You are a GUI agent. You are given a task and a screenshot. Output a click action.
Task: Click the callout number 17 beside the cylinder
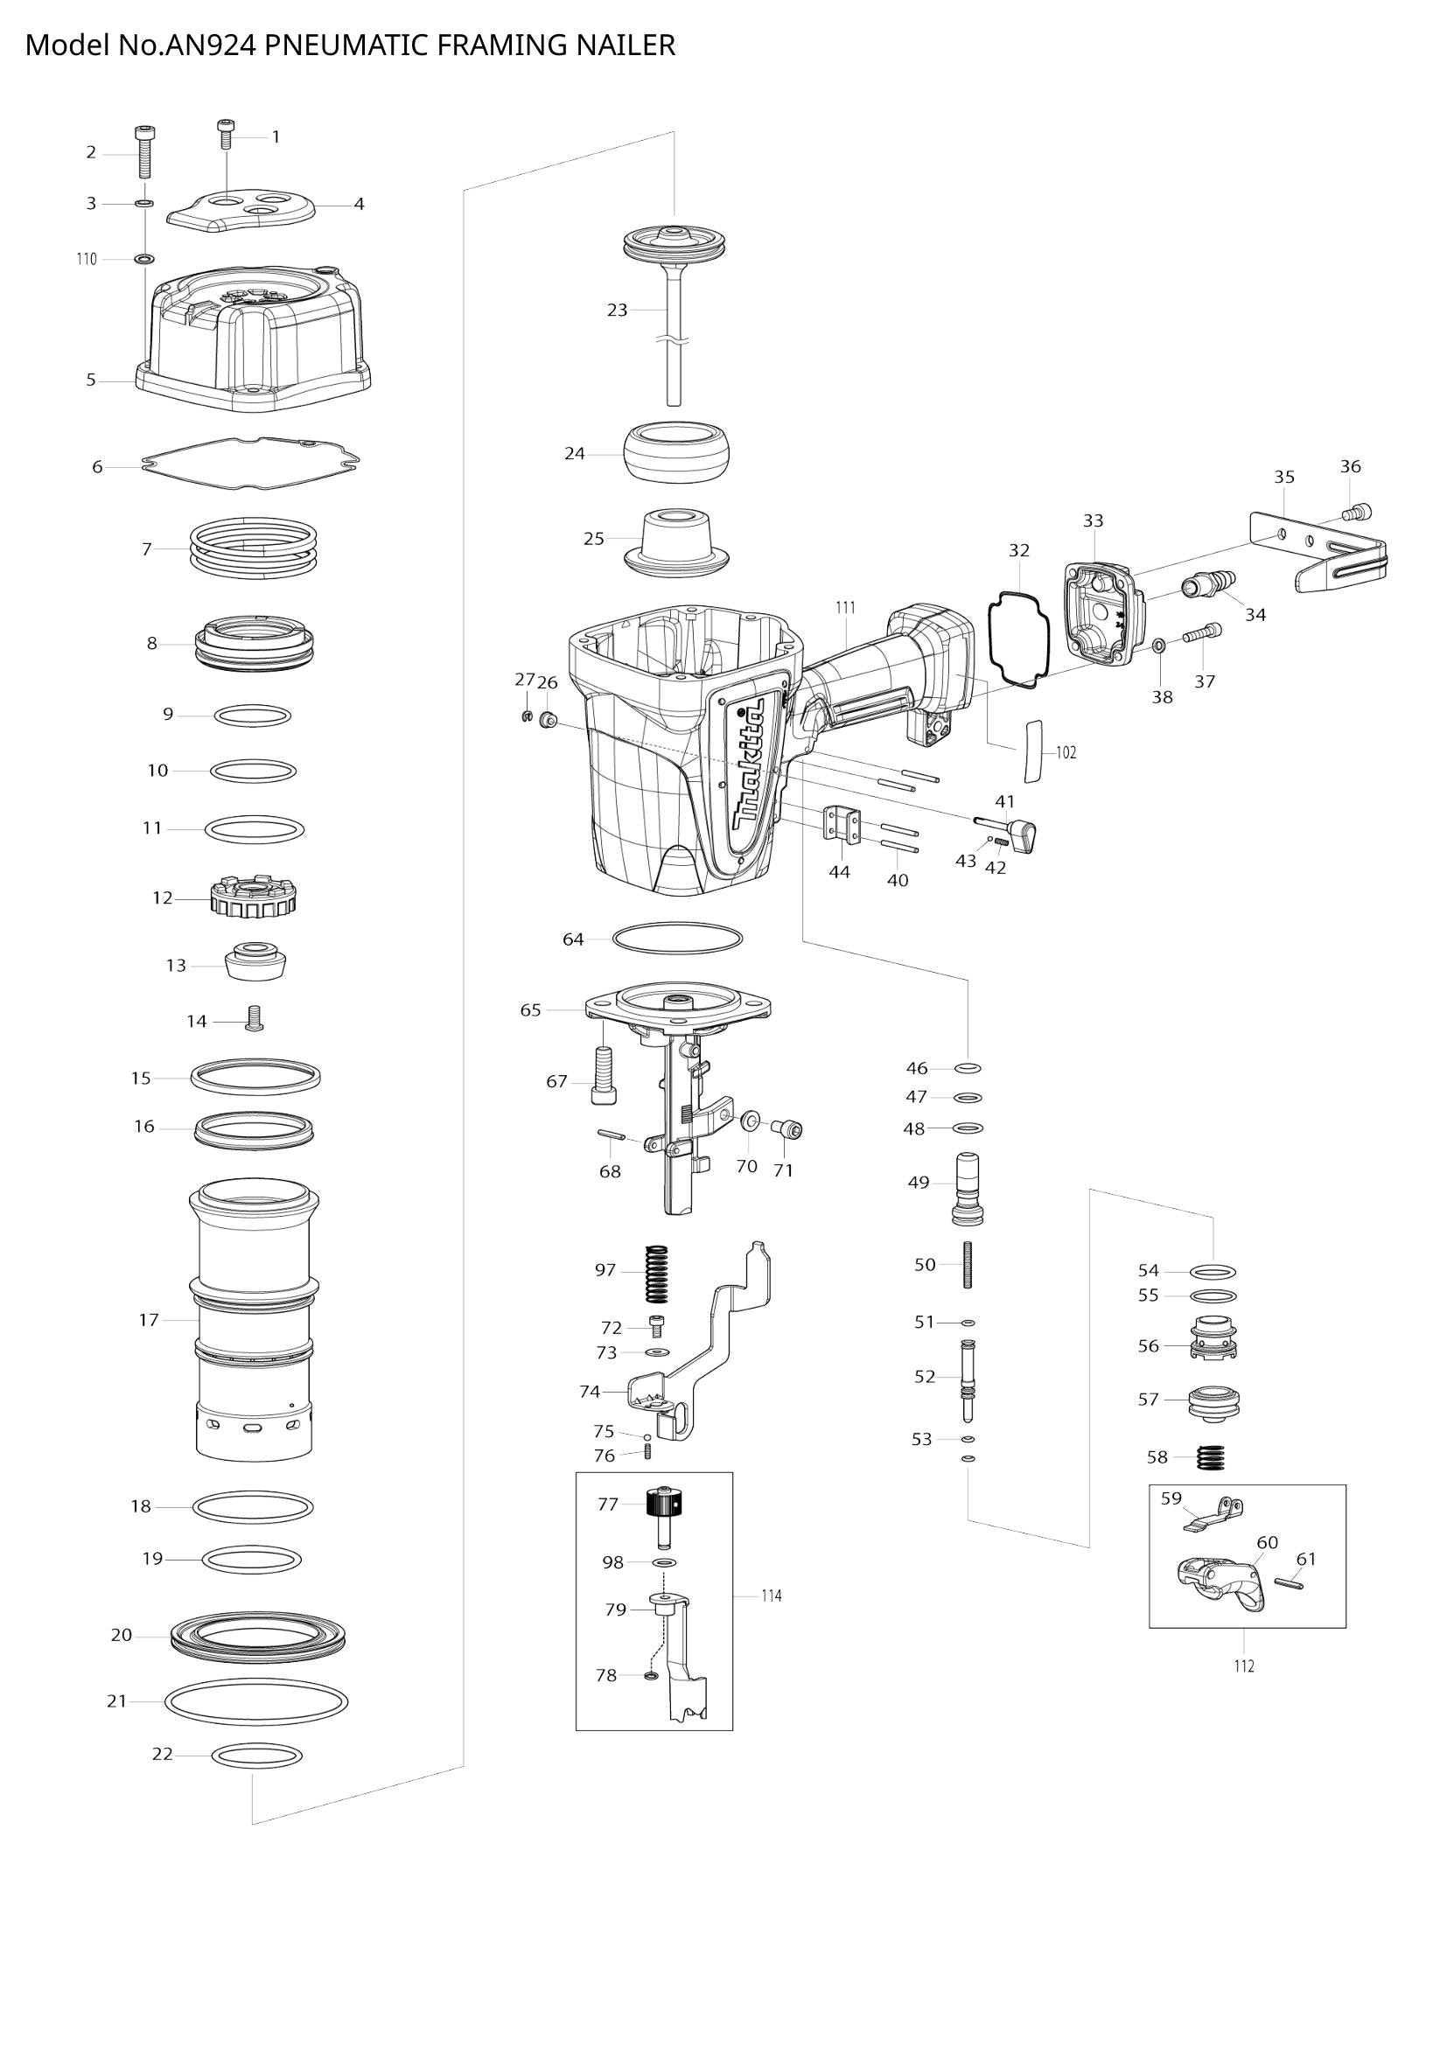148,1320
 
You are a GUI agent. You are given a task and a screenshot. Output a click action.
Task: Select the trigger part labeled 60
1220,1587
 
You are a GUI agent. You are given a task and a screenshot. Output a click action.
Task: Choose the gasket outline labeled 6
251,464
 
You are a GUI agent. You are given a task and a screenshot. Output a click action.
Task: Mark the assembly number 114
772,1596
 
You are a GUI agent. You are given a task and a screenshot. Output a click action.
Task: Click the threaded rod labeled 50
966,1266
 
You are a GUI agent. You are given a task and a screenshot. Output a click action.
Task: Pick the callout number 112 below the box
1244,1666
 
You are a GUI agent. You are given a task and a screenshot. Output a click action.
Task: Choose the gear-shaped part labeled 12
253,895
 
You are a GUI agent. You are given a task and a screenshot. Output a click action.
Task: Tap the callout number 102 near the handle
1066,753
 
